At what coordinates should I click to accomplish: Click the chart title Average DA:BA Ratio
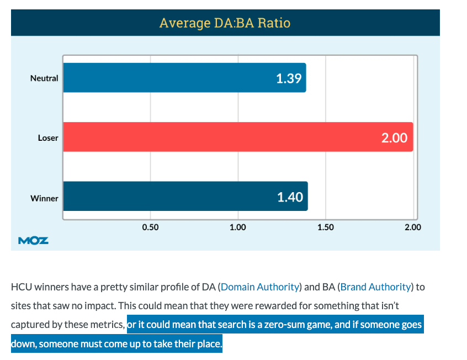coord(225,23)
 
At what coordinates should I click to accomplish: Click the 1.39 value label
coord(289,78)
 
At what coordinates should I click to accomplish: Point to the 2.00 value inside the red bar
coord(394,137)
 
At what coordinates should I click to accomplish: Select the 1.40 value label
coord(290,197)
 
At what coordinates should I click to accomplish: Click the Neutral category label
coord(44,78)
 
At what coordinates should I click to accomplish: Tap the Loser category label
coord(47,138)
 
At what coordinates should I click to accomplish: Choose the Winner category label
coord(44,198)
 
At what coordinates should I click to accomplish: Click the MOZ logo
coord(33,240)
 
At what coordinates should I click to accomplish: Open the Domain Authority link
coord(260,287)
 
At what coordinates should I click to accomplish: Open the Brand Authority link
coord(376,287)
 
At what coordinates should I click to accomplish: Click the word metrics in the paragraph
coord(108,325)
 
